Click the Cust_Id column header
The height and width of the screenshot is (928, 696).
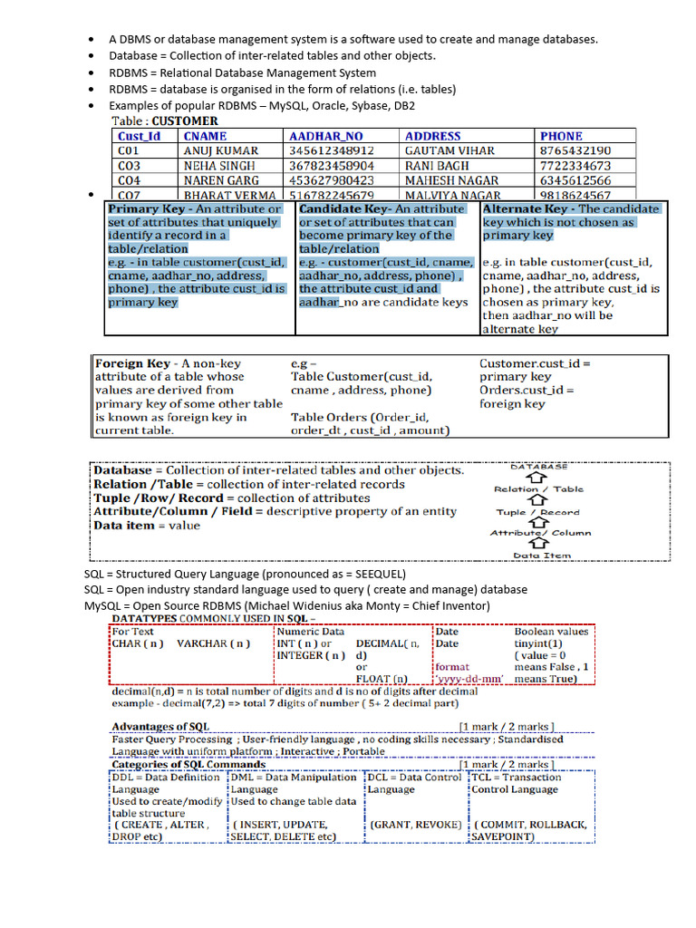pos(139,136)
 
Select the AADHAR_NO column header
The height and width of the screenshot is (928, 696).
pos(325,136)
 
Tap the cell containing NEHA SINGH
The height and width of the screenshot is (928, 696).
pos(219,166)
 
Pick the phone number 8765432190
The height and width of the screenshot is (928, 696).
pos(575,150)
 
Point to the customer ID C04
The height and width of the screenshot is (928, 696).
pos(129,180)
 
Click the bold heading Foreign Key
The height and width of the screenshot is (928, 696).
pos(131,363)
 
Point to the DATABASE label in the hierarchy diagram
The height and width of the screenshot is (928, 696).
pos(539,467)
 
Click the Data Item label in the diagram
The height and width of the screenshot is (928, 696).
pos(539,556)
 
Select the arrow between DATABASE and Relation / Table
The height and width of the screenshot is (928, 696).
pos(538,478)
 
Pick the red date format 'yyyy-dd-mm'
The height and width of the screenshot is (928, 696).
pos(469,678)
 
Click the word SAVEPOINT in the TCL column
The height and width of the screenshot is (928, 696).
pos(501,836)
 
